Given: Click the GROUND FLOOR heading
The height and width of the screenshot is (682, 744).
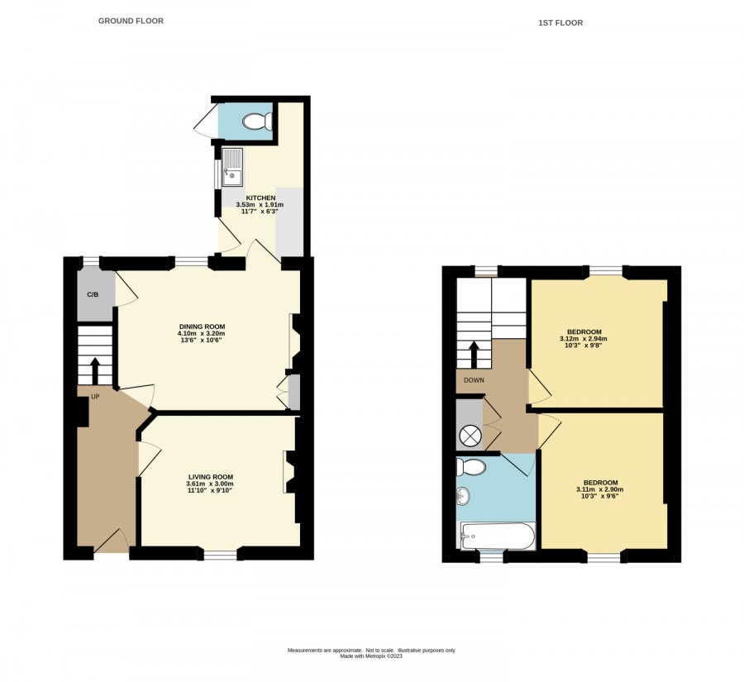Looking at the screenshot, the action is tap(131, 21).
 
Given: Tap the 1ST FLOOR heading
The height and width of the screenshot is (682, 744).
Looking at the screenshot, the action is tap(560, 23).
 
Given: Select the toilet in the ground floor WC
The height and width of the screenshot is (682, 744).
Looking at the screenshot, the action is tap(257, 122).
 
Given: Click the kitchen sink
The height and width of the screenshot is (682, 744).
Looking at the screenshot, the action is tap(232, 167).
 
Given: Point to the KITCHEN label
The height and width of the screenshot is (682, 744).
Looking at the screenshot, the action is tap(260, 198).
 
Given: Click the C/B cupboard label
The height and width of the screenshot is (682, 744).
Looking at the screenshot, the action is tap(93, 295).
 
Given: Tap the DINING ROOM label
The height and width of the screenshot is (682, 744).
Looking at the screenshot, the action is tap(203, 327).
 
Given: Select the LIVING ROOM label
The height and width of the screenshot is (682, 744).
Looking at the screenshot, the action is tap(211, 477).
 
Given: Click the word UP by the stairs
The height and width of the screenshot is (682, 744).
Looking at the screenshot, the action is tap(95, 397).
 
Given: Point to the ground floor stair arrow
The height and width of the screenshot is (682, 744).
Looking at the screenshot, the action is tap(95, 371).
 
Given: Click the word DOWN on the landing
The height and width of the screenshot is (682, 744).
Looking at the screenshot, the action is tap(474, 380).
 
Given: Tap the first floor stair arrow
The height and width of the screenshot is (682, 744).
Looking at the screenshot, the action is tap(474, 355).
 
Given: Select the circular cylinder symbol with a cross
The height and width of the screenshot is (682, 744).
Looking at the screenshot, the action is tap(470, 435).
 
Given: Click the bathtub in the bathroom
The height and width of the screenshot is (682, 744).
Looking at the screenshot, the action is tap(498, 536).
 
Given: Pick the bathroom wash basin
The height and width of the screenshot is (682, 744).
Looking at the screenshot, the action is tap(463, 497).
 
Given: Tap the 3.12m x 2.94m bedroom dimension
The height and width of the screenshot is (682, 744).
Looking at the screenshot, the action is tap(584, 339).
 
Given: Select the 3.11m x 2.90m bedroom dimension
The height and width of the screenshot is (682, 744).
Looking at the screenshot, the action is tap(600, 489).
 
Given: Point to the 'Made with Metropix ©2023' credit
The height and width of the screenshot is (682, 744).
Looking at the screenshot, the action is tap(371, 656).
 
